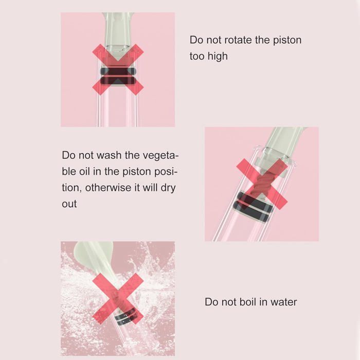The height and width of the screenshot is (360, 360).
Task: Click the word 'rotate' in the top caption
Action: (x=238, y=40)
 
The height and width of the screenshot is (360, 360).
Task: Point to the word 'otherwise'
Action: (x=108, y=188)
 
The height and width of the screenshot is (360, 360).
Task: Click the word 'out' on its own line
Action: (x=69, y=204)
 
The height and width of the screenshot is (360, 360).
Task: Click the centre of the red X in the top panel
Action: (x=118, y=69)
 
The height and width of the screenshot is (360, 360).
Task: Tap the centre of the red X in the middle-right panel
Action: (x=262, y=184)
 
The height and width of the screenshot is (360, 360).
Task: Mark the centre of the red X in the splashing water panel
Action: (x=118, y=298)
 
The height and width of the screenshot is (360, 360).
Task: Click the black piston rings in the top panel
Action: (x=118, y=76)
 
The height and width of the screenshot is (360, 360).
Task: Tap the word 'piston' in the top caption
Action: (x=287, y=41)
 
